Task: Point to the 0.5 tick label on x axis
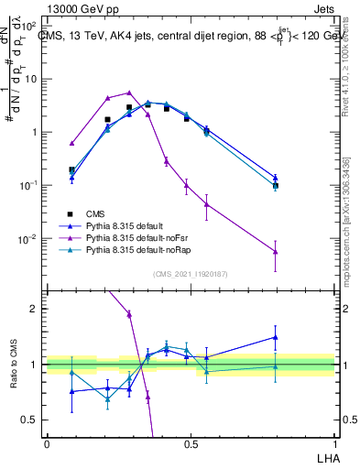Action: [191, 443]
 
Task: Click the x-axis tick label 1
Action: [334, 443]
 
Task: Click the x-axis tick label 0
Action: [47, 443]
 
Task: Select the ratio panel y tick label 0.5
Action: [31, 420]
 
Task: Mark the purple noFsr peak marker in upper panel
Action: [129, 93]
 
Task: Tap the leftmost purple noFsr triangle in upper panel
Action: [71, 143]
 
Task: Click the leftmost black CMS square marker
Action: [71, 169]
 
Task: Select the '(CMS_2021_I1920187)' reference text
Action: [190, 272]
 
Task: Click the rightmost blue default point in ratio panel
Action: [276, 337]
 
